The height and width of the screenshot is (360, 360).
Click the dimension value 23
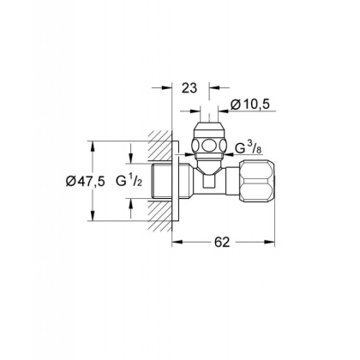point(189,88)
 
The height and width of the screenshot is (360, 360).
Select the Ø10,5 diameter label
point(250,105)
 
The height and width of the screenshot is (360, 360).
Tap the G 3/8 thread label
point(249,147)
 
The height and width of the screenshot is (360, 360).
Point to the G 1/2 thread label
point(129,181)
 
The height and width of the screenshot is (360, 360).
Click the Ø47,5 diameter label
point(85,181)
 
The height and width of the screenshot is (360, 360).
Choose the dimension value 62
point(222,243)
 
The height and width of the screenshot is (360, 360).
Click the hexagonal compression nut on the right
point(257,181)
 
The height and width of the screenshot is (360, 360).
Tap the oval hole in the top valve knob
point(209,145)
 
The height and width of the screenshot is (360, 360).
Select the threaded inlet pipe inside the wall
point(160,181)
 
